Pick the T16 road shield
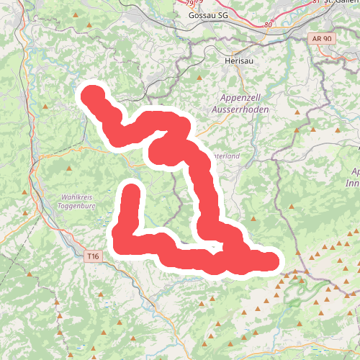pos(91,256)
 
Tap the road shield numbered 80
pos(269,25)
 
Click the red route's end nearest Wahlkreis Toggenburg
pos(131,192)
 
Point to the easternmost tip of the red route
pos(272,261)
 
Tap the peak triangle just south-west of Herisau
pos(199,78)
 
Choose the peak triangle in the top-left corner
pos(89,26)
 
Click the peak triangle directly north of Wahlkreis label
pos(69,168)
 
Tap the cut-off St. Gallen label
pos(341,3)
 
